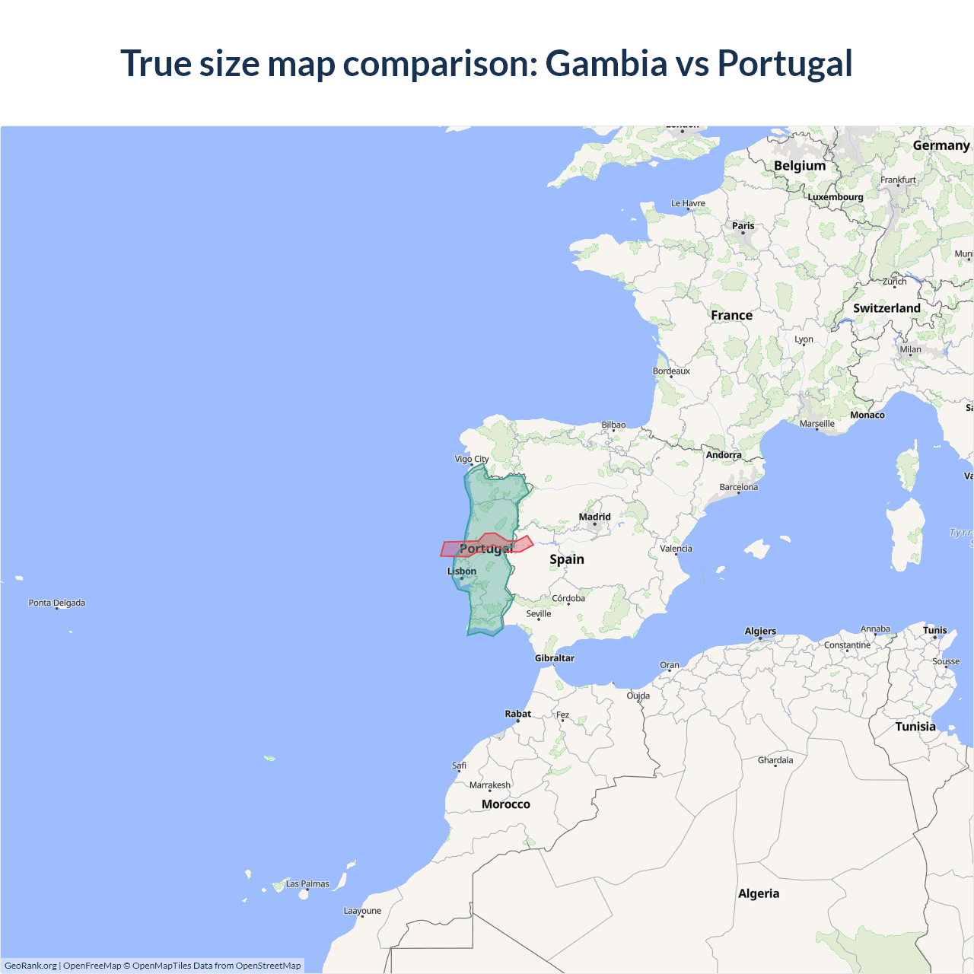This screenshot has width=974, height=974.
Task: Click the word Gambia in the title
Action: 606,63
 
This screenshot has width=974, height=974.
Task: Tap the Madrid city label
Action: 594,517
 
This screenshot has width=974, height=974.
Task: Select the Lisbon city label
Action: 462,571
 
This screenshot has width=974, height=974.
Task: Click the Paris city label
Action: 743,226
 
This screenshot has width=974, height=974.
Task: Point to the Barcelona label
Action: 738,487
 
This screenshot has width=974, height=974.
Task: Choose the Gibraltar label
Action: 554,658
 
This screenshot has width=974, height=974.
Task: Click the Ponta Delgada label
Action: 57,603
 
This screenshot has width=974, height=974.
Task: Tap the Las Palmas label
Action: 307,884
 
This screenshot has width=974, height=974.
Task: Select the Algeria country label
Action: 759,893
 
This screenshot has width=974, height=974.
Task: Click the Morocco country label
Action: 505,804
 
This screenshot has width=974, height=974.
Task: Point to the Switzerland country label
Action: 886,308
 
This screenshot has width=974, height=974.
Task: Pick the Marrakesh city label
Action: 490,785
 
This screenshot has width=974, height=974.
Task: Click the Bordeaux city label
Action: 671,371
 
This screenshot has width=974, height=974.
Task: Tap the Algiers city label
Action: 760,631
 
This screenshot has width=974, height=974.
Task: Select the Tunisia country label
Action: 915,727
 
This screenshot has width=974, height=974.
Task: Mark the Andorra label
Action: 723,455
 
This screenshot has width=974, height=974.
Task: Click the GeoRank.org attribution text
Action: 30,966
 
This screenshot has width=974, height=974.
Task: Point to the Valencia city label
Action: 676,549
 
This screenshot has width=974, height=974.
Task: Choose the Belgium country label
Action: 799,166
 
